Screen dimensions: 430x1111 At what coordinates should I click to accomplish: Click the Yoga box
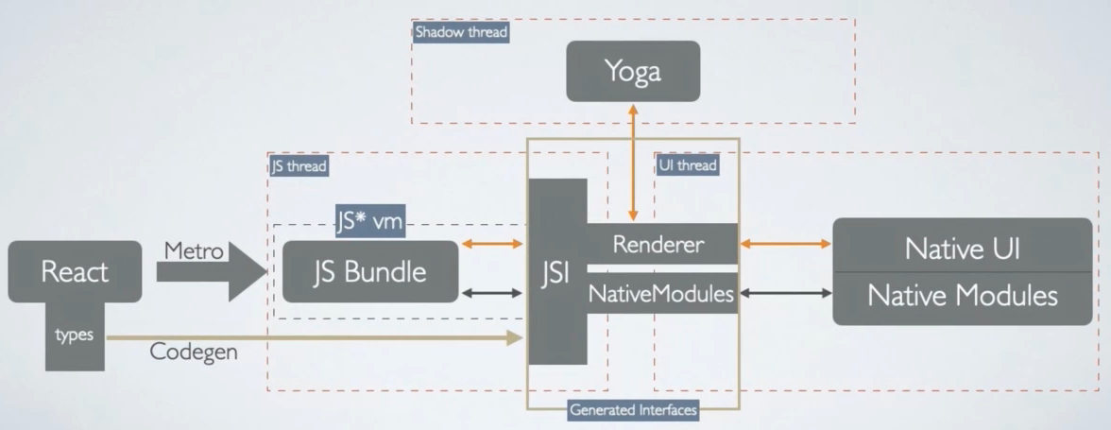(x=633, y=71)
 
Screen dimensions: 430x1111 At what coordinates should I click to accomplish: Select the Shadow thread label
(x=461, y=32)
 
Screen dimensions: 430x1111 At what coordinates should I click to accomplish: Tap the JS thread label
(x=299, y=166)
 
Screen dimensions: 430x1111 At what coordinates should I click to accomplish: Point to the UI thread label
(x=687, y=166)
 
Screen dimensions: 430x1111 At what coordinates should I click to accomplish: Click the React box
(x=75, y=273)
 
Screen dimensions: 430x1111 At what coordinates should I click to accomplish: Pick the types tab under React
(x=75, y=335)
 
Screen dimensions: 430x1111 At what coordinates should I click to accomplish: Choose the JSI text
(x=556, y=275)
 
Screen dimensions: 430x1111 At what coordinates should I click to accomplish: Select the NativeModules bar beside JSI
(x=661, y=294)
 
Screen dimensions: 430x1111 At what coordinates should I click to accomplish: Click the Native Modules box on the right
(x=962, y=296)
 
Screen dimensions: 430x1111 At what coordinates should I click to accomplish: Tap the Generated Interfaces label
(x=633, y=410)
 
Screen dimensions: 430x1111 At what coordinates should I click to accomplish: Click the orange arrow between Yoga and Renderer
(x=634, y=161)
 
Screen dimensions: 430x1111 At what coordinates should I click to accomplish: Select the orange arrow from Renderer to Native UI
(x=784, y=246)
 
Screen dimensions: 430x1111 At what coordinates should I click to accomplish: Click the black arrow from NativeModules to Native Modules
(x=784, y=294)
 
